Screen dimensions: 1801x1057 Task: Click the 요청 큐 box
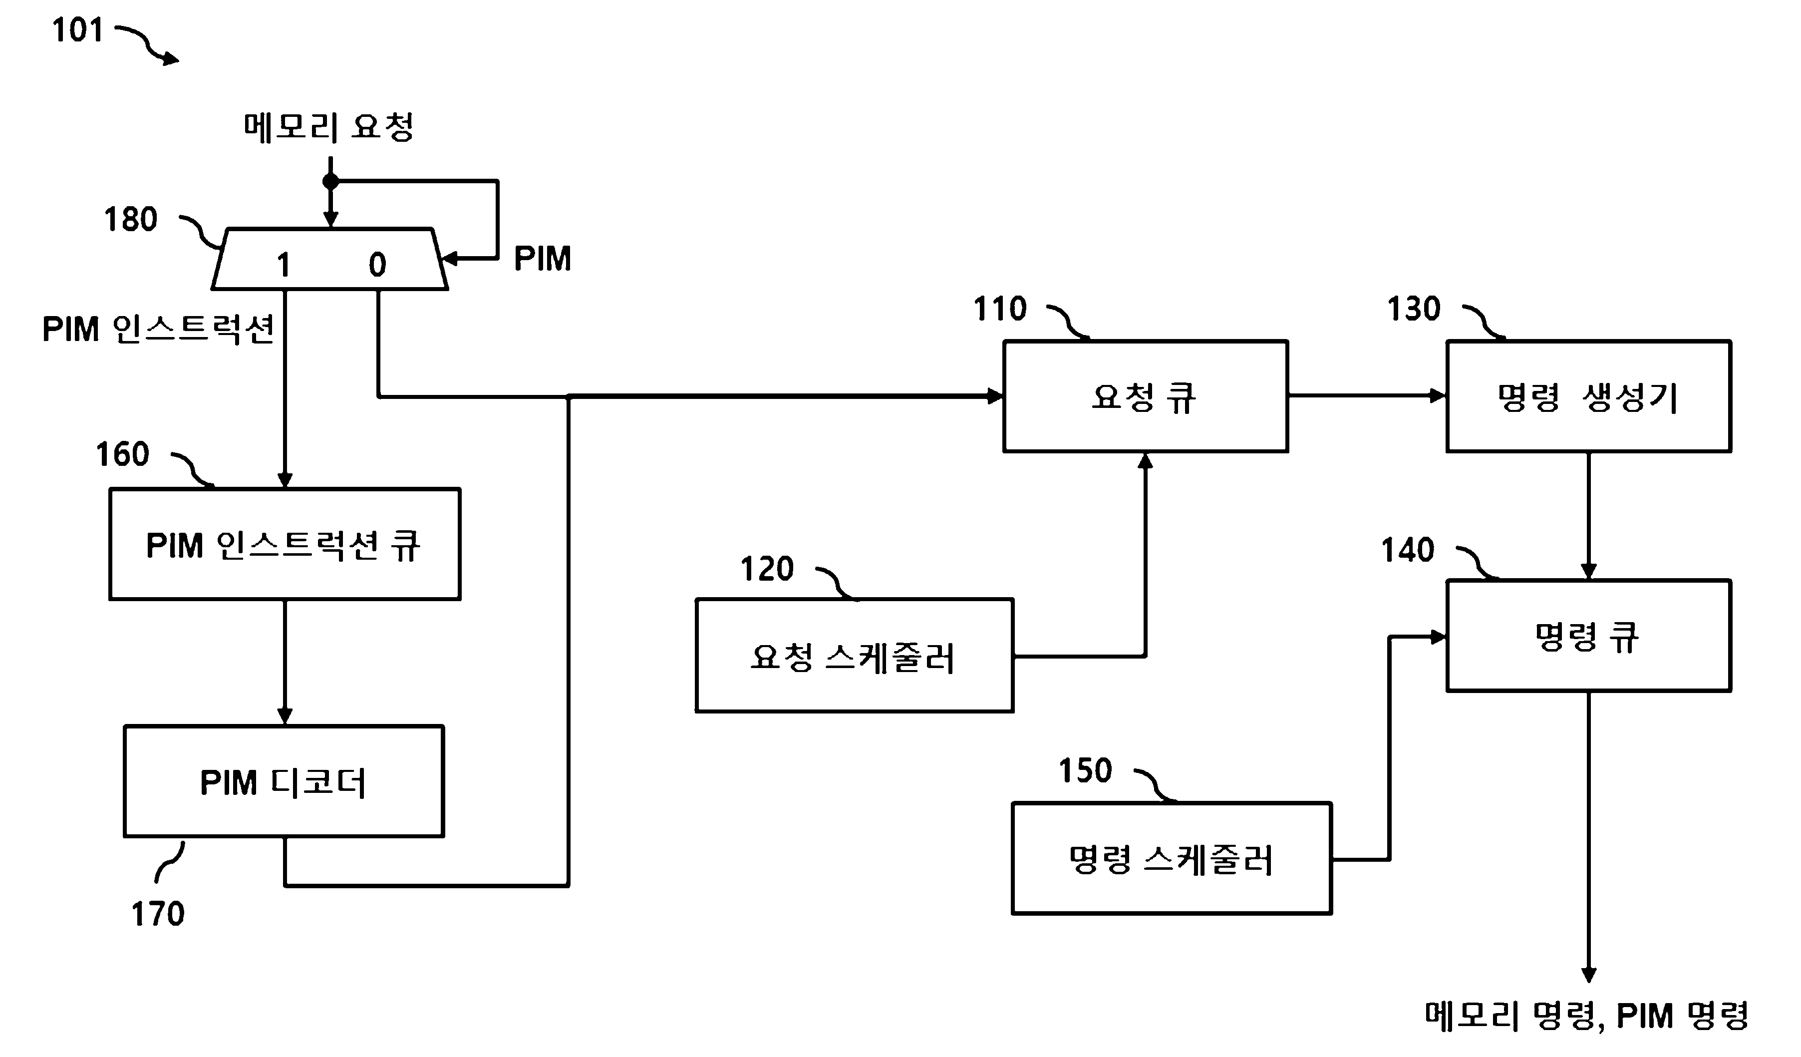click(x=1145, y=396)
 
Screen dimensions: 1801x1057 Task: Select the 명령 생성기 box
click(x=1589, y=396)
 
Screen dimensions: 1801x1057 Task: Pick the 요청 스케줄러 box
click(x=855, y=656)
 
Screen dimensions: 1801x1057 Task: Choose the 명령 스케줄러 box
click(x=1172, y=858)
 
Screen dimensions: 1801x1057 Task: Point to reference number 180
click(x=131, y=219)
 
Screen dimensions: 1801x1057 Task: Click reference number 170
click(x=158, y=914)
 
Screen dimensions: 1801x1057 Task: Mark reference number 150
click(x=1085, y=771)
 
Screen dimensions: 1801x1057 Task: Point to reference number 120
click(x=767, y=570)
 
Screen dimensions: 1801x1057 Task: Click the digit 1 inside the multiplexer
click(x=284, y=265)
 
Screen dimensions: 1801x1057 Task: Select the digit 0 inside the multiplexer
click(x=377, y=265)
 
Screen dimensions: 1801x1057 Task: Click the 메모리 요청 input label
click(x=329, y=127)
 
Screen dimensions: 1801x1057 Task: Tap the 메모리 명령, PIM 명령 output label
click(x=1586, y=1016)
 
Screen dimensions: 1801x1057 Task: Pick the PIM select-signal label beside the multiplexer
click(x=543, y=259)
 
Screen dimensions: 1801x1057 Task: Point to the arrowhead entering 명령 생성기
click(x=1438, y=395)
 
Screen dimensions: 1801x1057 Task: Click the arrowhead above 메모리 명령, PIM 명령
click(x=1589, y=975)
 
